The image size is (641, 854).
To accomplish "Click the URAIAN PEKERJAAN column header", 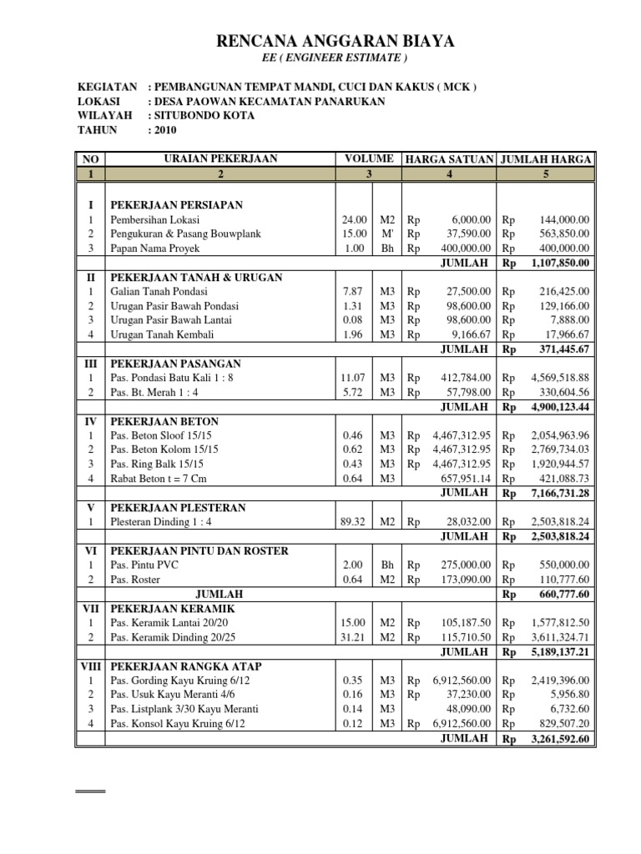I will (x=221, y=158).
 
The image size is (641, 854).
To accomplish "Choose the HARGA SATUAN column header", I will (x=449, y=158).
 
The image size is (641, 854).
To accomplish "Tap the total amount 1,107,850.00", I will (x=559, y=264).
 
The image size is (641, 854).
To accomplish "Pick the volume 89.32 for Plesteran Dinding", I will (x=351, y=522).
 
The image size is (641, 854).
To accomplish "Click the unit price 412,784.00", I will (x=466, y=378).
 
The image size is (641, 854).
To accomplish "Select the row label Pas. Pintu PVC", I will (x=144, y=565).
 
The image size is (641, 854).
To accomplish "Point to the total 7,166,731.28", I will (x=559, y=494).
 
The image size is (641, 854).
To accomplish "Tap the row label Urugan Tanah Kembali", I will (x=163, y=334).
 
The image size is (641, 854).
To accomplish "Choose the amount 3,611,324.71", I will (x=559, y=637).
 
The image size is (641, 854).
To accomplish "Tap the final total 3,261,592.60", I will (x=559, y=738).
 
